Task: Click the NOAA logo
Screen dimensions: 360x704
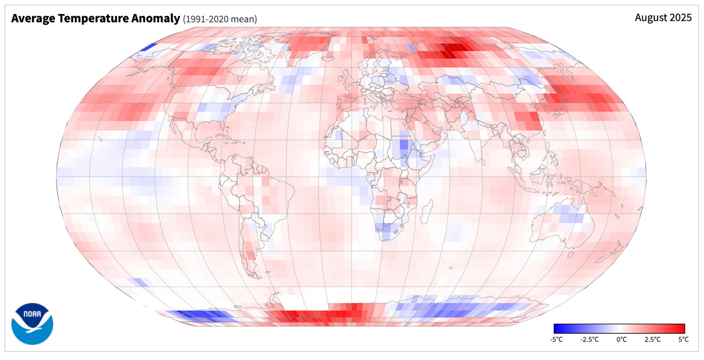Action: click(x=32, y=324)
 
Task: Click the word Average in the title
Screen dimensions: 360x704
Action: click(x=33, y=19)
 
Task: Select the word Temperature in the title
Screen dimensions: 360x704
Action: click(x=93, y=19)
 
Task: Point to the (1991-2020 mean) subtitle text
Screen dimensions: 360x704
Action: click(x=220, y=19)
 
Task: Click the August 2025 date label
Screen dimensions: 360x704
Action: click(x=663, y=18)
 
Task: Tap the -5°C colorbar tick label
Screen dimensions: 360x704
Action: click(x=556, y=339)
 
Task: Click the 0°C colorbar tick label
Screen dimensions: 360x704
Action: click(x=621, y=339)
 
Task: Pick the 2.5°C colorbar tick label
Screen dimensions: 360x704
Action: click(x=652, y=339)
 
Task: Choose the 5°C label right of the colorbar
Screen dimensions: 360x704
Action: click(x=683, y=339)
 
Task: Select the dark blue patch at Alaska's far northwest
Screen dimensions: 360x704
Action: click(x=148, y=48)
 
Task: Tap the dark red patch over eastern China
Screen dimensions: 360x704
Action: click(x=528, y=121)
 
